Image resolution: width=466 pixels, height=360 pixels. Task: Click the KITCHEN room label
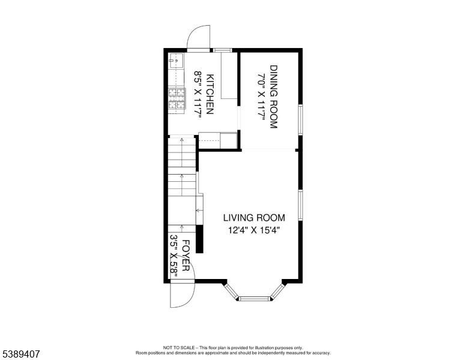click(210, 94)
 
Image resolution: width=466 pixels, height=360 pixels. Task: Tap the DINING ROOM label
click(273, 97)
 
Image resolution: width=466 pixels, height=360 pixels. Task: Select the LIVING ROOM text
click(254, 218)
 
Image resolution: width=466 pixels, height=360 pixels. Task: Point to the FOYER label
click(186, 256)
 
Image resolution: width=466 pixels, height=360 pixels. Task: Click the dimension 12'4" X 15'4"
click(254, 230)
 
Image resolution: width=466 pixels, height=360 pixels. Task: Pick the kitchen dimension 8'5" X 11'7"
click(198, 94)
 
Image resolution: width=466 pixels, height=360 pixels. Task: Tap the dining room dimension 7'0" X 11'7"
click(261, 97)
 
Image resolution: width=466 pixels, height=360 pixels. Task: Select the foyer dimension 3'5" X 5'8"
click(174, 256)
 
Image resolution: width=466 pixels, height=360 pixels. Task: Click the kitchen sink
click(176, 61)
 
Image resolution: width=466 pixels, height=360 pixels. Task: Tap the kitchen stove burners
click(177, 98)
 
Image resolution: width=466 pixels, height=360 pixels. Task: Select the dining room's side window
click(300, 120)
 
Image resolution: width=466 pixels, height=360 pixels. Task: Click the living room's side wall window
click(300, 205)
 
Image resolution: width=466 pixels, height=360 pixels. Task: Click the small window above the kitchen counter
click(223, 50)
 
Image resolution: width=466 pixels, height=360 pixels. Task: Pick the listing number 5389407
click(21, 354)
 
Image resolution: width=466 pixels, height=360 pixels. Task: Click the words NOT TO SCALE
click(179, 347)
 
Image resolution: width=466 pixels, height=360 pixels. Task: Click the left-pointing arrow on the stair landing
click(199, 211)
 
